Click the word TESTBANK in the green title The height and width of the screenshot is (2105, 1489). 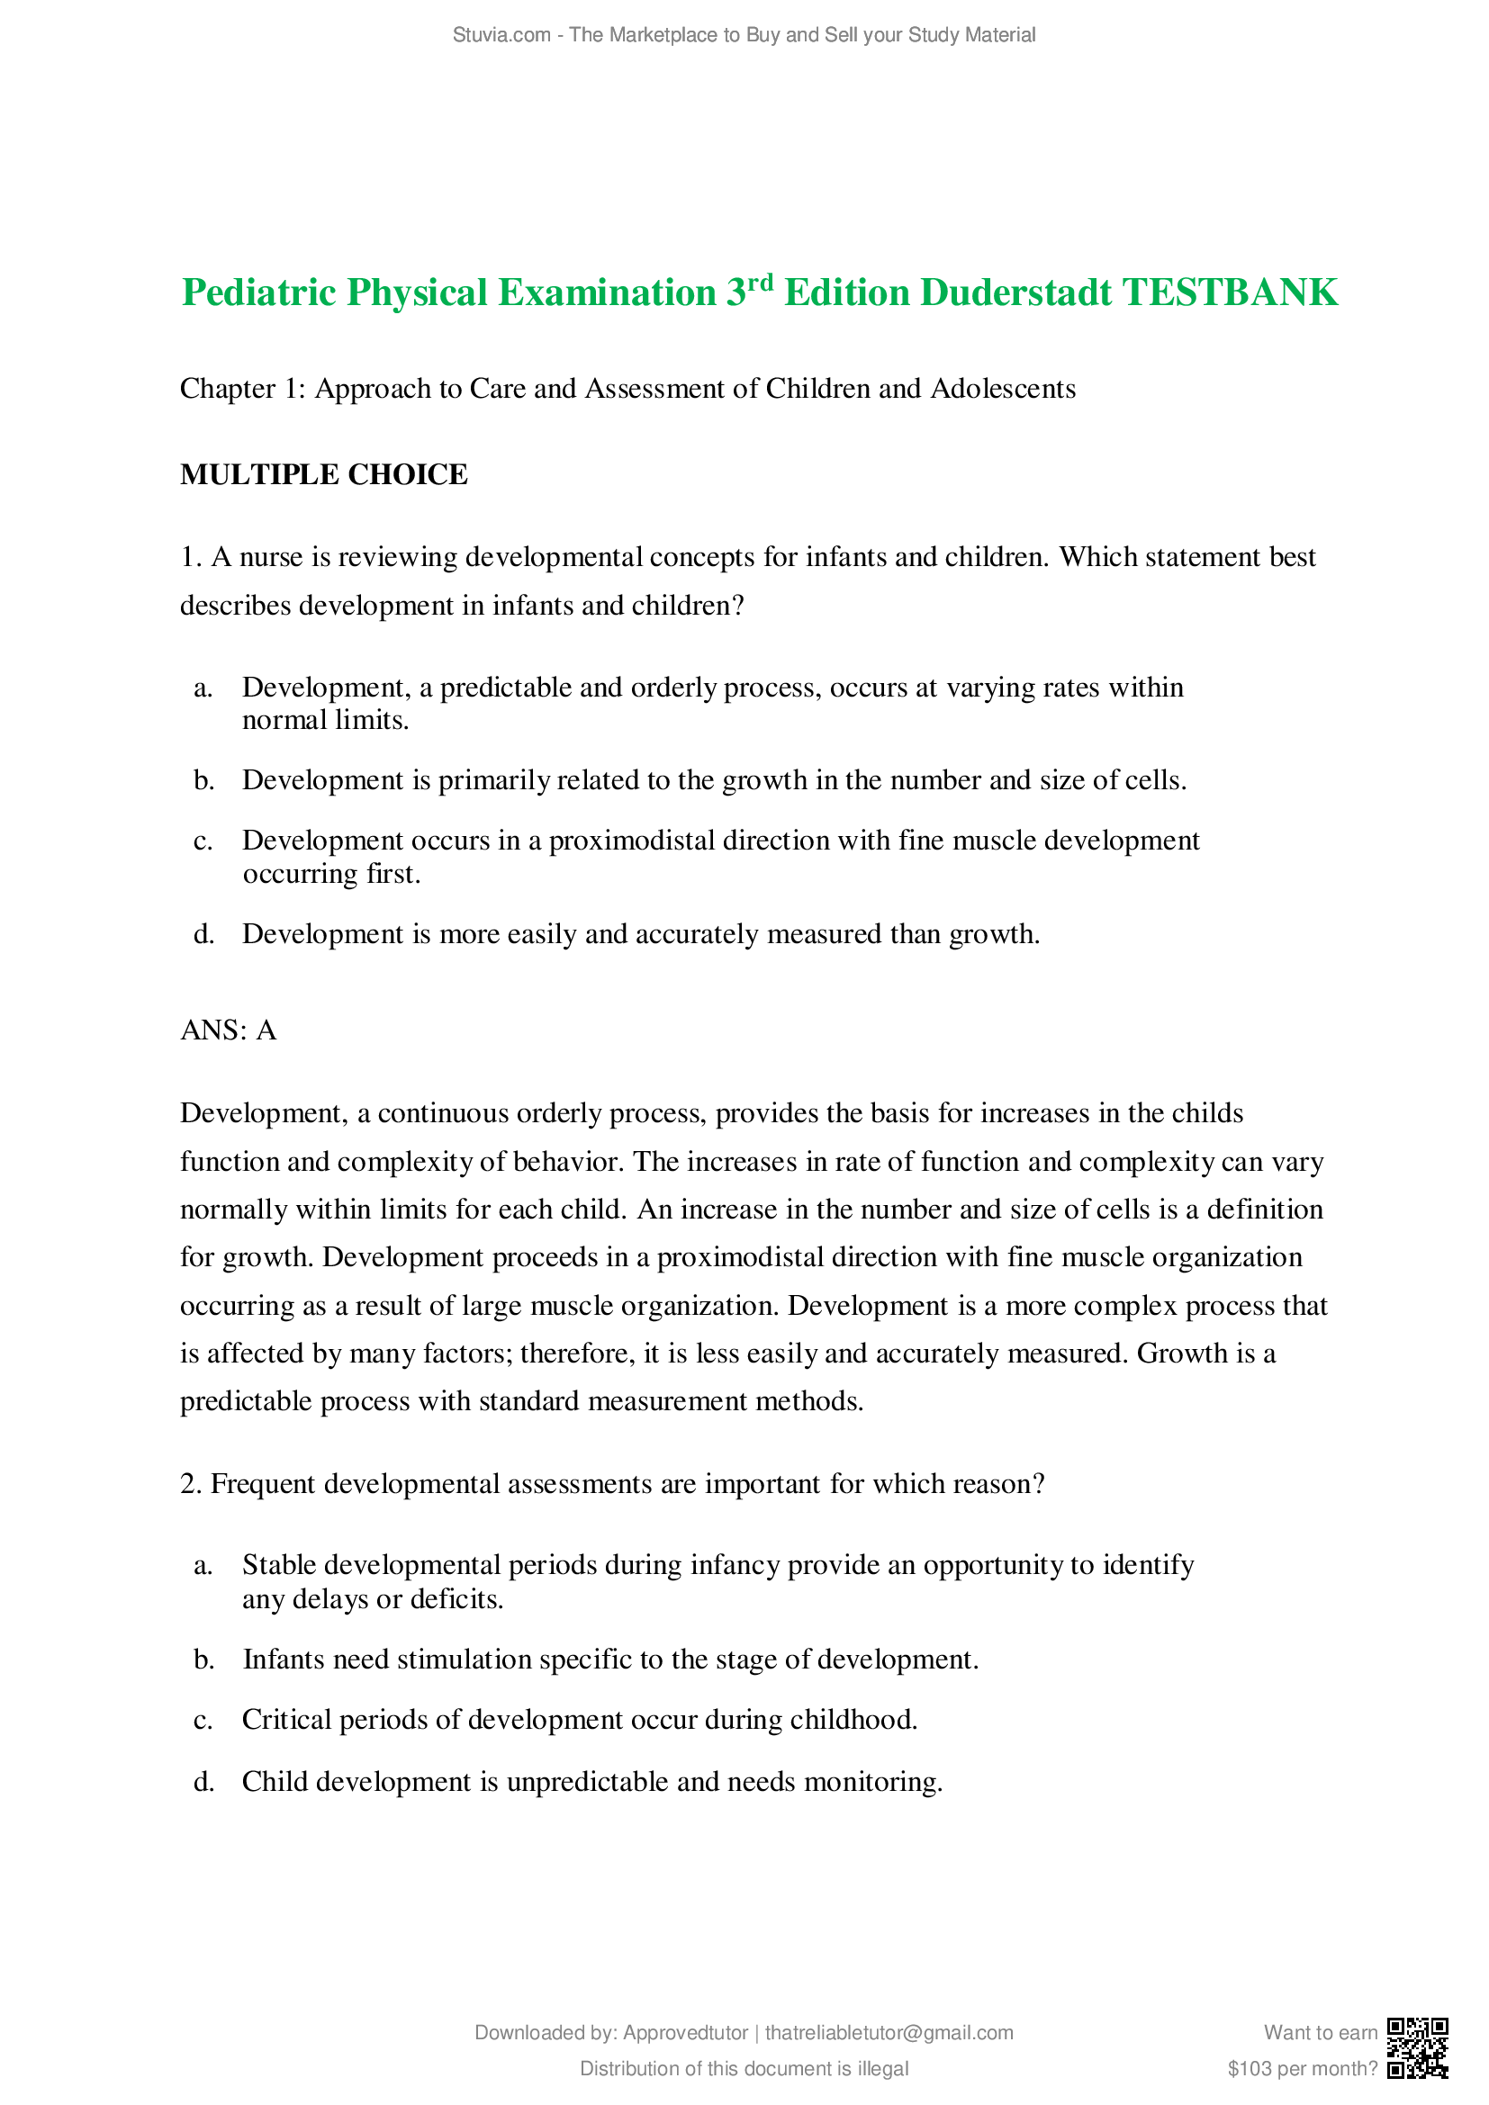(x=1230, y=293)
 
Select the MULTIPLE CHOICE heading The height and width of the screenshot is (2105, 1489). (x=324, y=475)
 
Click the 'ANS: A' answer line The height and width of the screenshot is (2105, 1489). (x=229, y=1030)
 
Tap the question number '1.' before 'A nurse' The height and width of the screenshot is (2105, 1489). (x=191, y=557)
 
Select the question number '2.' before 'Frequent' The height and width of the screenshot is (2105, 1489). (x=191, y=1483)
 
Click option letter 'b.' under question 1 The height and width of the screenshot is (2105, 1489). (x=203, y=780)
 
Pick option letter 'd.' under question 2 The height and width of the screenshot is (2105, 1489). (x=203, y=1781)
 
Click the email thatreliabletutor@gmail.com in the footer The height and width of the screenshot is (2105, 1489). (x=889, y=2033)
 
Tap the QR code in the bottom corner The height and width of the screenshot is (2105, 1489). (x=1417, y=2047)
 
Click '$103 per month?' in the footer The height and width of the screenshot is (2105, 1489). (x=1302, y=2068)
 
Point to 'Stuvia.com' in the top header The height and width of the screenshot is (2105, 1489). (x=501, y=35)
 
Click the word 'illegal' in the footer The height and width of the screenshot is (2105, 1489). (x=883, y=2068)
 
